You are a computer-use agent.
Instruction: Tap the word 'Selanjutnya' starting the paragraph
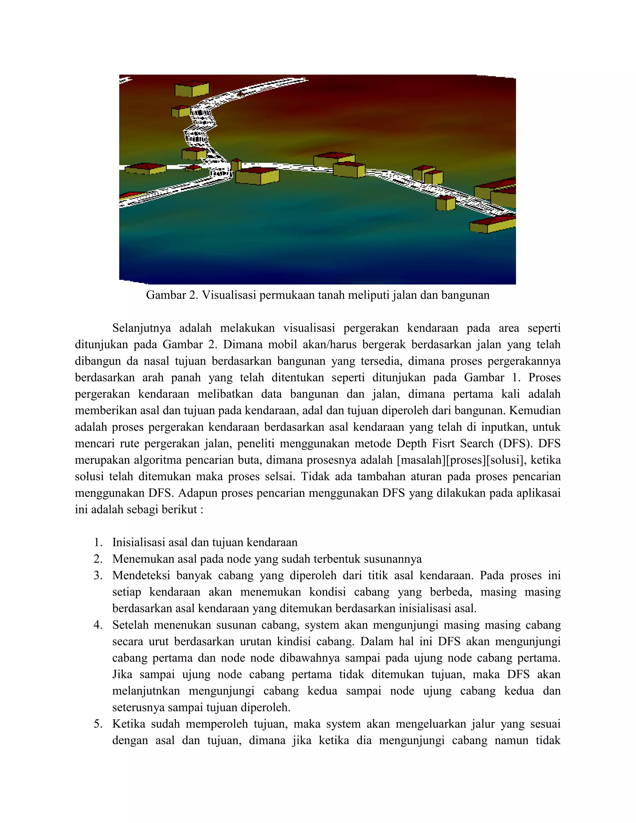point(141,328)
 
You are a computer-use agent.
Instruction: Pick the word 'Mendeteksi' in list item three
point(140,576)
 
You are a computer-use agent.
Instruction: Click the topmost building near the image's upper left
point(192,90)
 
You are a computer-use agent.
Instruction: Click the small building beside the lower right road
point(445,203)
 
